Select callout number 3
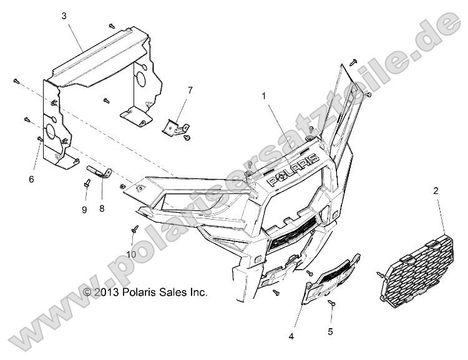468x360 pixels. coord(64,17)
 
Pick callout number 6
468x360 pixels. coord(31,180)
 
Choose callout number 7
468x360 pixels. coord(191,91)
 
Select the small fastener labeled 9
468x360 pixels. coord(87,183)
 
